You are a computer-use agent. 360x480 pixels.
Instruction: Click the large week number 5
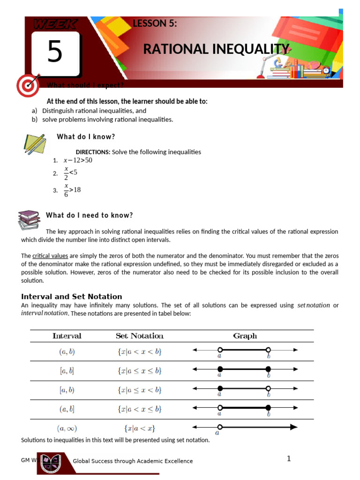(54, 52)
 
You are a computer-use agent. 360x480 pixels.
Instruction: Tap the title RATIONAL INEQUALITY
(216, 49)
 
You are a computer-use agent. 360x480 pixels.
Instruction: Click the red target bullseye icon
(27, 86)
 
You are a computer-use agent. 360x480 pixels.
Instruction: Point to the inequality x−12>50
(78, 160)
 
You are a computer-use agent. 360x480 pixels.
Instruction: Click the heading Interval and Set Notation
(72, 297)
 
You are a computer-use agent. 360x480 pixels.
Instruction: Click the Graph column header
(245, 336)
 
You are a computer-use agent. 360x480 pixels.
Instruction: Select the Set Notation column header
(140, 336)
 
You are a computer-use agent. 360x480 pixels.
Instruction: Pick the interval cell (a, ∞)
(67, 428)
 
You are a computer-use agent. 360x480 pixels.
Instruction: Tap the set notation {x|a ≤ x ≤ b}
(140, 371)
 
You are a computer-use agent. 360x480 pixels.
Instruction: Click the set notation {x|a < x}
(140, 428)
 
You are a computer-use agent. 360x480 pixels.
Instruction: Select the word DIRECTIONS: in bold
(93, 152)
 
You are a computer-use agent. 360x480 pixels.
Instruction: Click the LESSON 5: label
(155, 24)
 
